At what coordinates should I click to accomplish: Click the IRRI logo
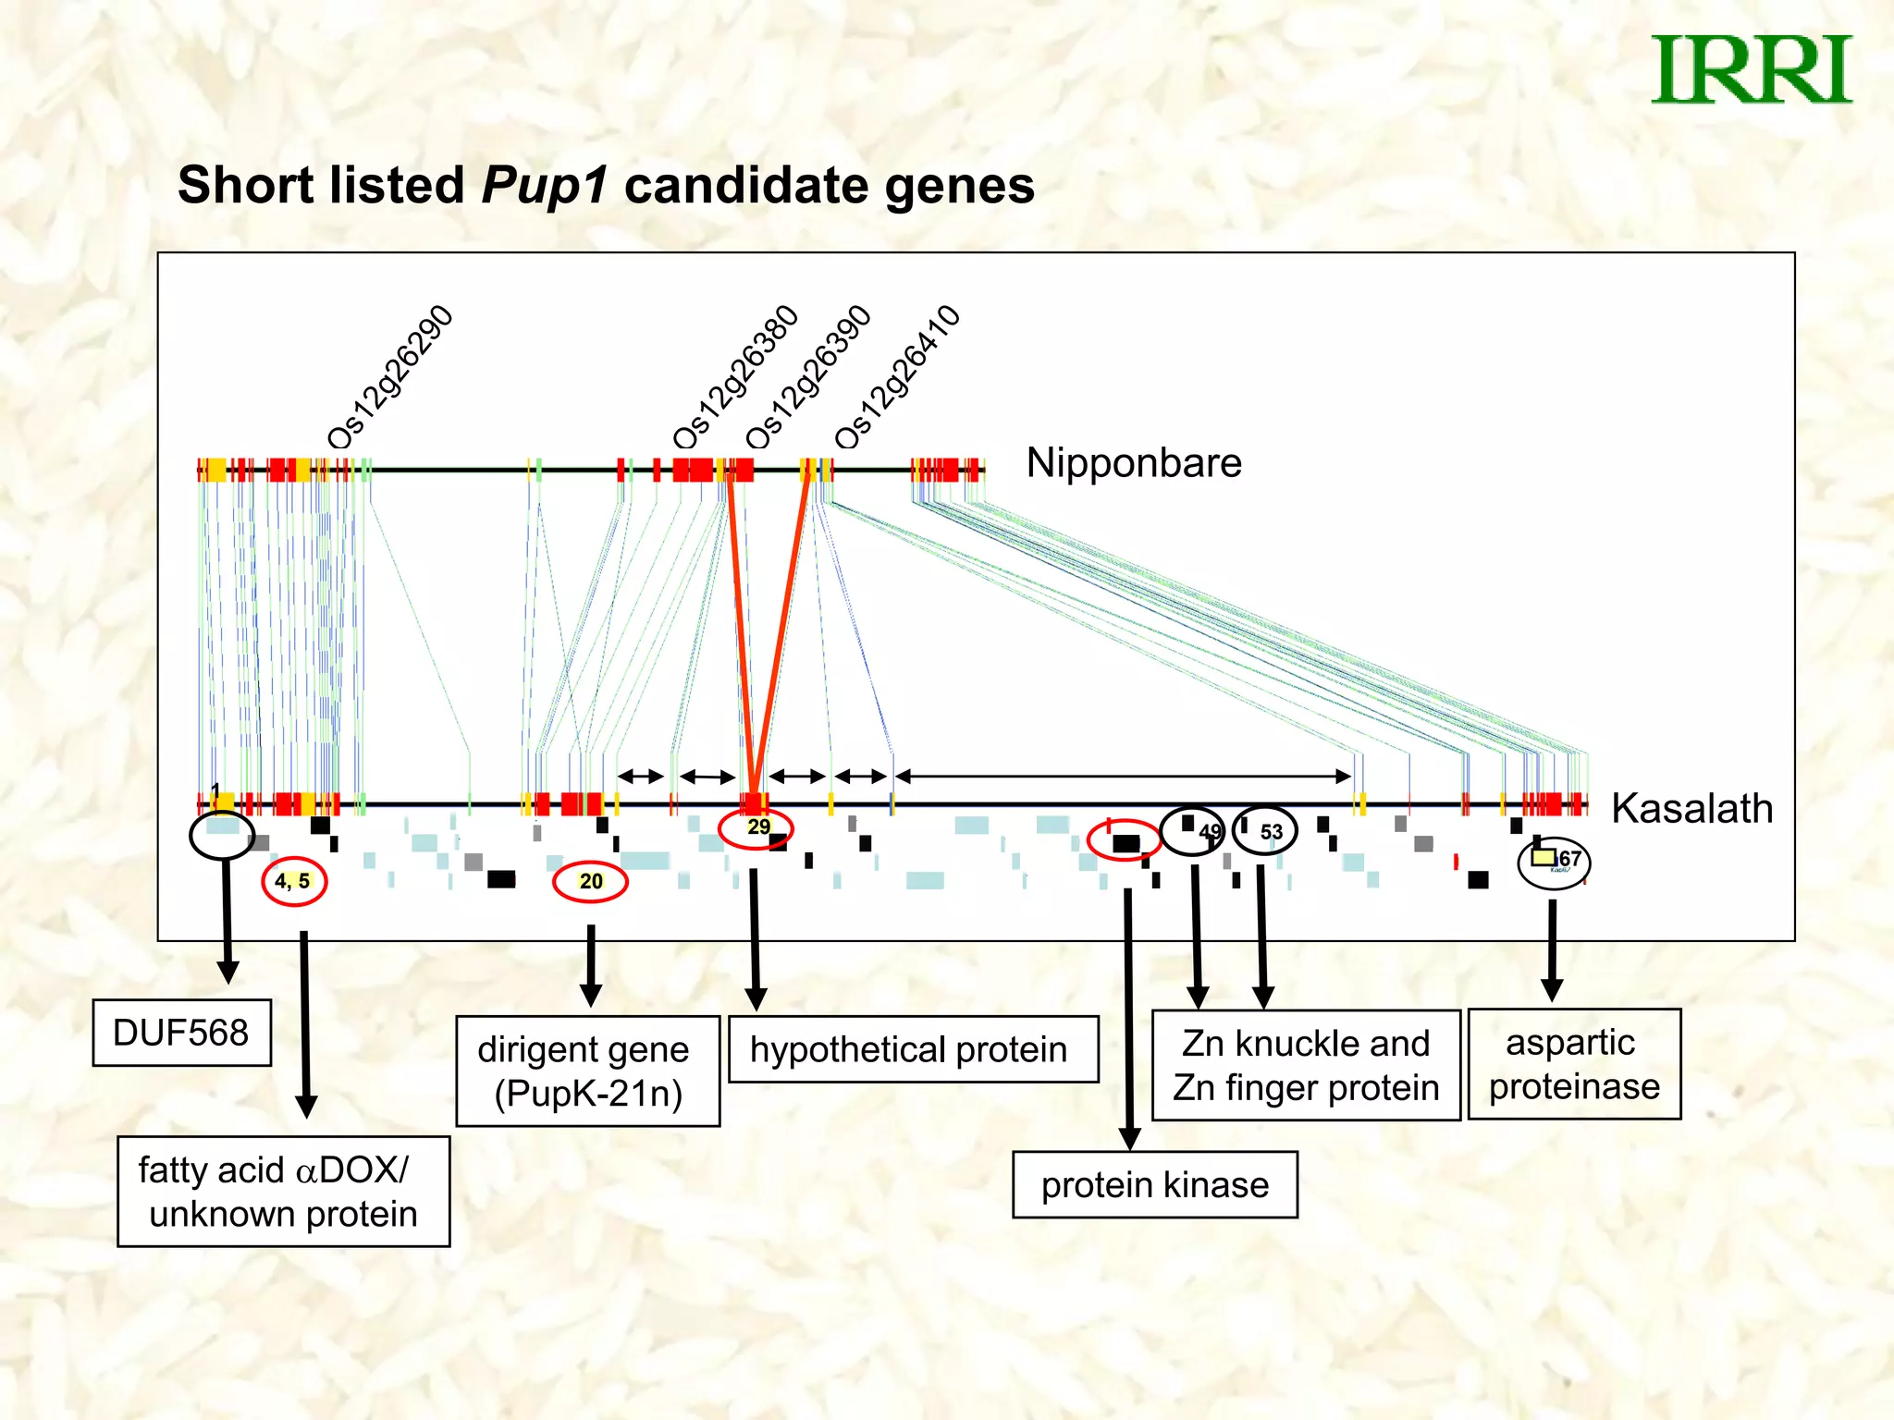[x=1752, y=70]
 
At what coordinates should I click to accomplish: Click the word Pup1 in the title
[x=544, y=186]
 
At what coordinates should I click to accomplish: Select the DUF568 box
[x=181, y=1033]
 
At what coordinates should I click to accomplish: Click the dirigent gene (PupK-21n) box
[x=587, y=1071]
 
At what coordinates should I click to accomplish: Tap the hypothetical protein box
[x=912, y=1049]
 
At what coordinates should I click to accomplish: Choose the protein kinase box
[x=1154, y=1185]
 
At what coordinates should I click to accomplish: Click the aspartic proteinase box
[x=1573, y=1064]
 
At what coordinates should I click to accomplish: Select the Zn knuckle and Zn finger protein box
[x=1305, y=1065]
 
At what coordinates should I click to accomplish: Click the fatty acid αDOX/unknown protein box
[x=283, y=1192]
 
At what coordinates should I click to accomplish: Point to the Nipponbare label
[x=1134, y=462]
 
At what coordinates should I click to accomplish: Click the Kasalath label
[x=1691, y=808]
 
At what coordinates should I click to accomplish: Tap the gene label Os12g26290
[x=391, y=376]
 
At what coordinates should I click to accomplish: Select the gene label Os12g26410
[x=898, y=376]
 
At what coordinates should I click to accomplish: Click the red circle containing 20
[x=590, y=881]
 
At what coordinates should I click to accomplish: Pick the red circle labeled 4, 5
[x=294, y=881]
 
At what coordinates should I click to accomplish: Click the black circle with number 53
[x=1264, y=831]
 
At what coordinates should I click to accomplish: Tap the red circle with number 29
[x=756, y=827]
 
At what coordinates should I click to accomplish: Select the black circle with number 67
[x=1555, y=863]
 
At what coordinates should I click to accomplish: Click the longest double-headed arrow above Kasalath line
[x=1124, y=777]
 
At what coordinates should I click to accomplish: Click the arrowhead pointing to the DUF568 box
[x=228, y=973]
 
